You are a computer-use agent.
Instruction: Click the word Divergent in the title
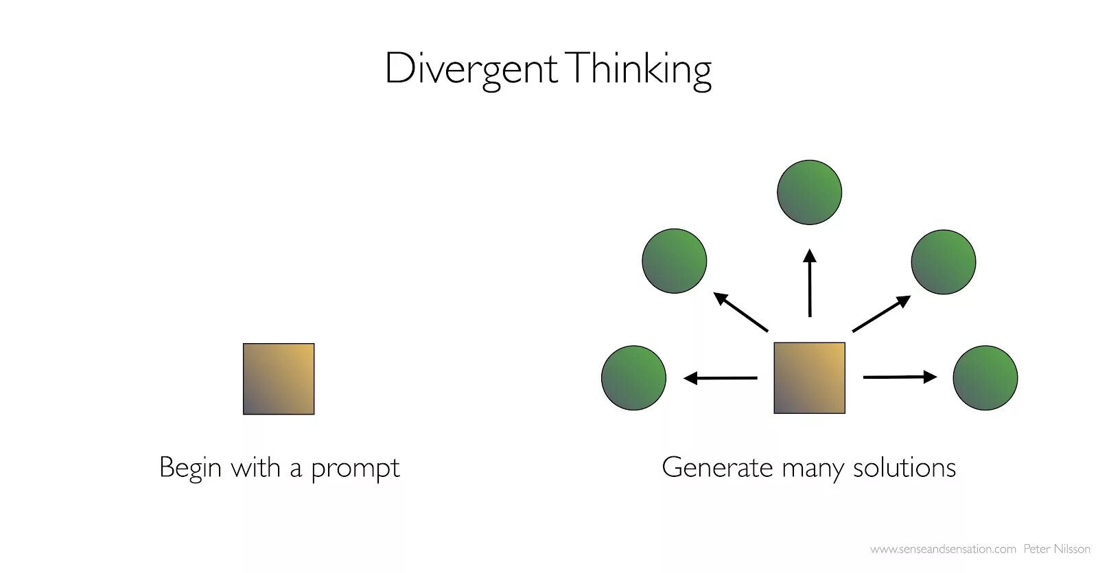[x=471, y=69]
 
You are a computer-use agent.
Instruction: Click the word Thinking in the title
[x=639, y=69]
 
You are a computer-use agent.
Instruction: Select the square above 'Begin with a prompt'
[x=279, y=379]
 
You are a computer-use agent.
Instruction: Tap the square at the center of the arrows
[x=809, y=378]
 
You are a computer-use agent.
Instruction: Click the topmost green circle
[x=809, y=192]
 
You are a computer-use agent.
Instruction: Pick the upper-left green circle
[x=674, y=261]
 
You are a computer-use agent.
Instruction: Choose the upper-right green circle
[x=943, y=261]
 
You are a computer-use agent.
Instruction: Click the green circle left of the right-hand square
[x=633, y=378]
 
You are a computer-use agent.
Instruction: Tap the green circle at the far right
[x=985, y=378]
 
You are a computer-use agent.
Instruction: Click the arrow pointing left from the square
[x=721, y=377]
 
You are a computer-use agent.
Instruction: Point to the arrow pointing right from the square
[x=900, y=377]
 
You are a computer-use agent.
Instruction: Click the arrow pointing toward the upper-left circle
[x=740, y=312]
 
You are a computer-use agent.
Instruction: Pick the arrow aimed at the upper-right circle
[x=881, y=314]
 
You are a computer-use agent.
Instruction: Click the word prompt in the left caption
[x=355, y=469]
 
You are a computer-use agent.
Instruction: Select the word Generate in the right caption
[x=717, y=468]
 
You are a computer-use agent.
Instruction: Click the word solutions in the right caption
[x=904, y=468]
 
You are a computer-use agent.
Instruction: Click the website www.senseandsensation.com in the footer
[x=942, y=549]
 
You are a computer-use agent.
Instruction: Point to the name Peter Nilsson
[x=1056, y=549]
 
